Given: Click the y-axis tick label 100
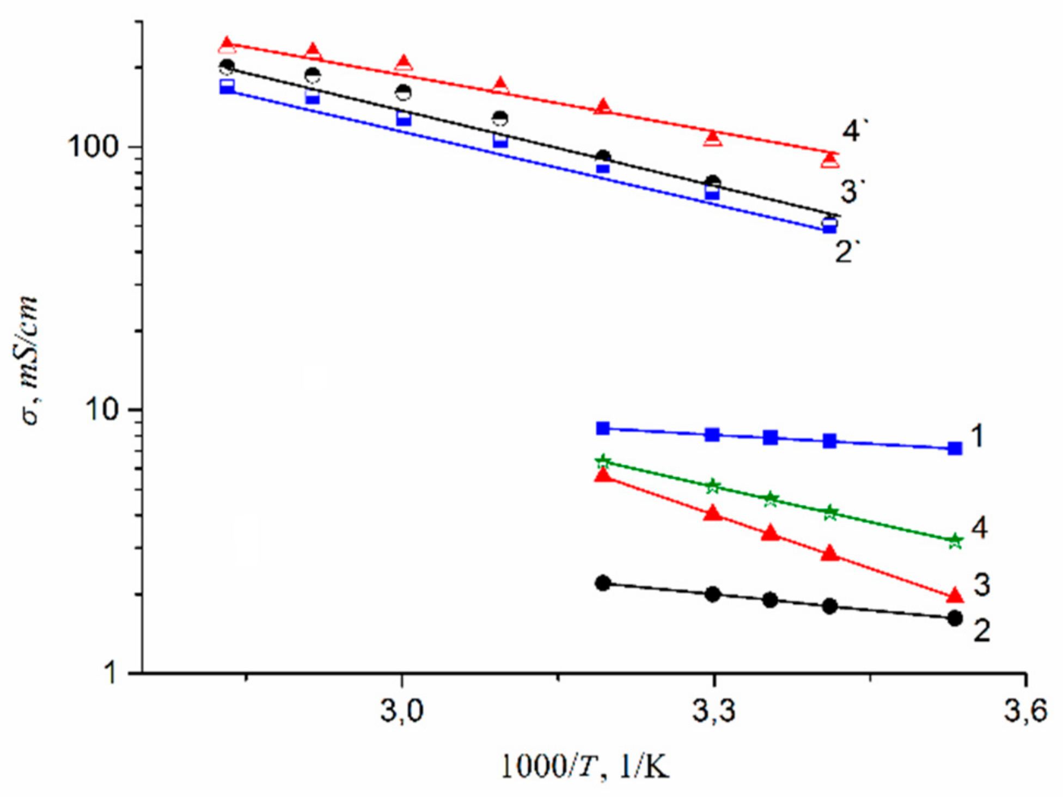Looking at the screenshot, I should (94, 147).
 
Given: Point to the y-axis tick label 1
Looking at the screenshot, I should (110, 673).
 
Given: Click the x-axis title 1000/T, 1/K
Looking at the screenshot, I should (584, 767).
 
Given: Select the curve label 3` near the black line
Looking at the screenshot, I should (852, 192).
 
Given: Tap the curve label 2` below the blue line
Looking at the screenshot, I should (847, 252).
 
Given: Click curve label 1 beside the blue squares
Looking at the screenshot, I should (978, 436).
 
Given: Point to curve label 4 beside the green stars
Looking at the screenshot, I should (979, 527).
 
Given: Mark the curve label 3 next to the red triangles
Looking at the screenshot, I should (981, 585).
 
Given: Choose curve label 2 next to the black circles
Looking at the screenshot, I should (981, 631).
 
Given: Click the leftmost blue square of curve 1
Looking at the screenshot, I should (603, 428).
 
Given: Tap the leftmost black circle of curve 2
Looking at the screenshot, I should (603, 584).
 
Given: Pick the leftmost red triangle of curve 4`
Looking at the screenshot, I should (227, 46).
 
